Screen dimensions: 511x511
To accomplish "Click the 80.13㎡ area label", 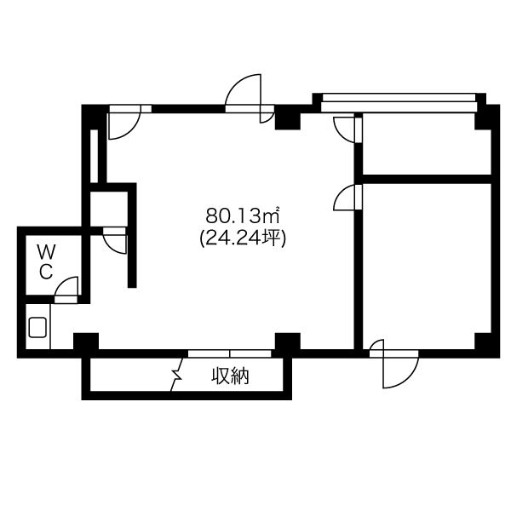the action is [243, 215].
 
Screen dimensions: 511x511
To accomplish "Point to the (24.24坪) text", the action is [243, 238].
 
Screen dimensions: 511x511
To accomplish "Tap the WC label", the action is [46, 261].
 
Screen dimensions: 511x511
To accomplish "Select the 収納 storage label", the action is [231, 376].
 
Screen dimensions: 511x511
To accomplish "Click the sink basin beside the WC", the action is [37, 327].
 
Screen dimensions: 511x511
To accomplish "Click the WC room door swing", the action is [66, 290].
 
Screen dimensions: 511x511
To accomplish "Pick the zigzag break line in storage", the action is [177, 374].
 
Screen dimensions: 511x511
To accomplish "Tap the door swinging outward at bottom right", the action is [394, 364].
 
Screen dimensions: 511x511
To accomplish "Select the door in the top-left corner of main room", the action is [124, 122].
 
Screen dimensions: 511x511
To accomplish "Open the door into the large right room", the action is [347, 198].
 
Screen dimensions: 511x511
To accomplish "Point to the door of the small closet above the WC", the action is [114, 240].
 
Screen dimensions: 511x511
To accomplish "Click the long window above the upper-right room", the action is [399, 102].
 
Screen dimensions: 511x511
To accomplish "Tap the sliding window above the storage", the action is [230, 353].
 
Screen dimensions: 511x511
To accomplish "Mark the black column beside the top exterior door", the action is [288, 118].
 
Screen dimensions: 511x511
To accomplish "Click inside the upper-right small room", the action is [427, 144].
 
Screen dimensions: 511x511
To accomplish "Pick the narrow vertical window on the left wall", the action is [94, 156].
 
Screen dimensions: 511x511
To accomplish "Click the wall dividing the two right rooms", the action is [427, 179].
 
